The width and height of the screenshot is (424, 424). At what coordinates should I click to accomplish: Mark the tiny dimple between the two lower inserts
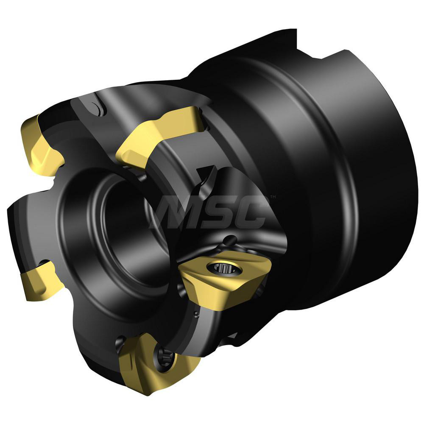coord(195,314)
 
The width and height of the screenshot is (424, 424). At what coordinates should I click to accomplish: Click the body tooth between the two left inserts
coord(25,220)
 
